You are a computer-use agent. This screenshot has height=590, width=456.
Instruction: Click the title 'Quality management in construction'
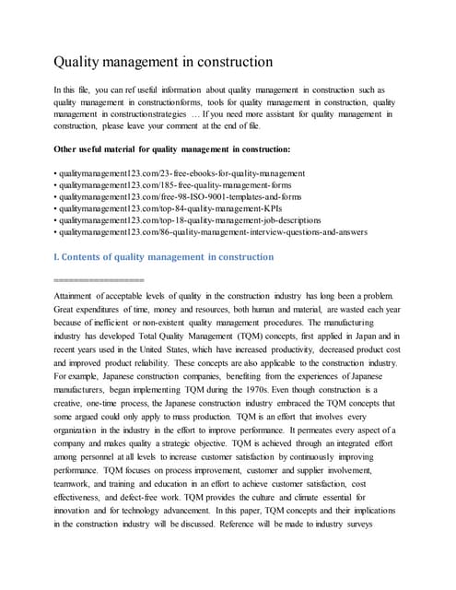coord(162,63)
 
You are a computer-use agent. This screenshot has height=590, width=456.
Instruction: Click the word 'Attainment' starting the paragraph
coord(77,295)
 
